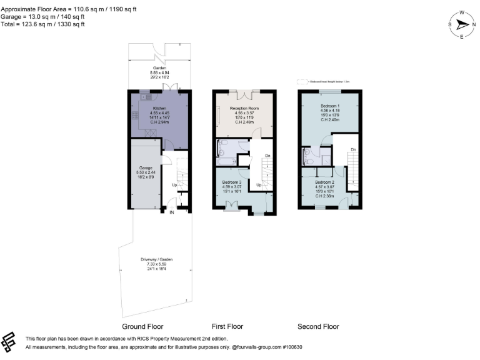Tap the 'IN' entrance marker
pos(172,212)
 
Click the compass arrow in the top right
pos(463,25)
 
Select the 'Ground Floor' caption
pos(142,326)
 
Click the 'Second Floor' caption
pos(318,326)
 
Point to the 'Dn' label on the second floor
pos(353,149)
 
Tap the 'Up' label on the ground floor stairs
pos(174,185)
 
